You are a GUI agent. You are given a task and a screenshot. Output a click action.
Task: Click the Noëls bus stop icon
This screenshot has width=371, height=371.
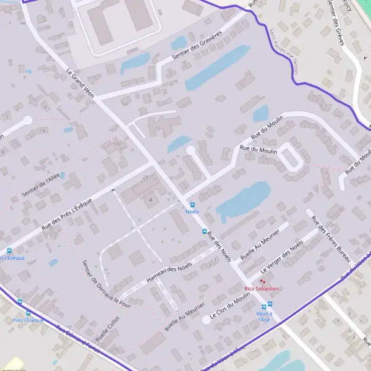point(192,205)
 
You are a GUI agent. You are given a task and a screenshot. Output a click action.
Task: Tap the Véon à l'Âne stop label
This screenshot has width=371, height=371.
point(263,317)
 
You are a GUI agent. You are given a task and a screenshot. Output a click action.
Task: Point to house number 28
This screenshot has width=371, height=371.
point(146,177)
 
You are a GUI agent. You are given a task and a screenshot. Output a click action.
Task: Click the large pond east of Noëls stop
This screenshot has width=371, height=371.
point(244,199)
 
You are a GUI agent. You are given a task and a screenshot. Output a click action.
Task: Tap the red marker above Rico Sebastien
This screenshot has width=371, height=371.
point(262,281)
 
